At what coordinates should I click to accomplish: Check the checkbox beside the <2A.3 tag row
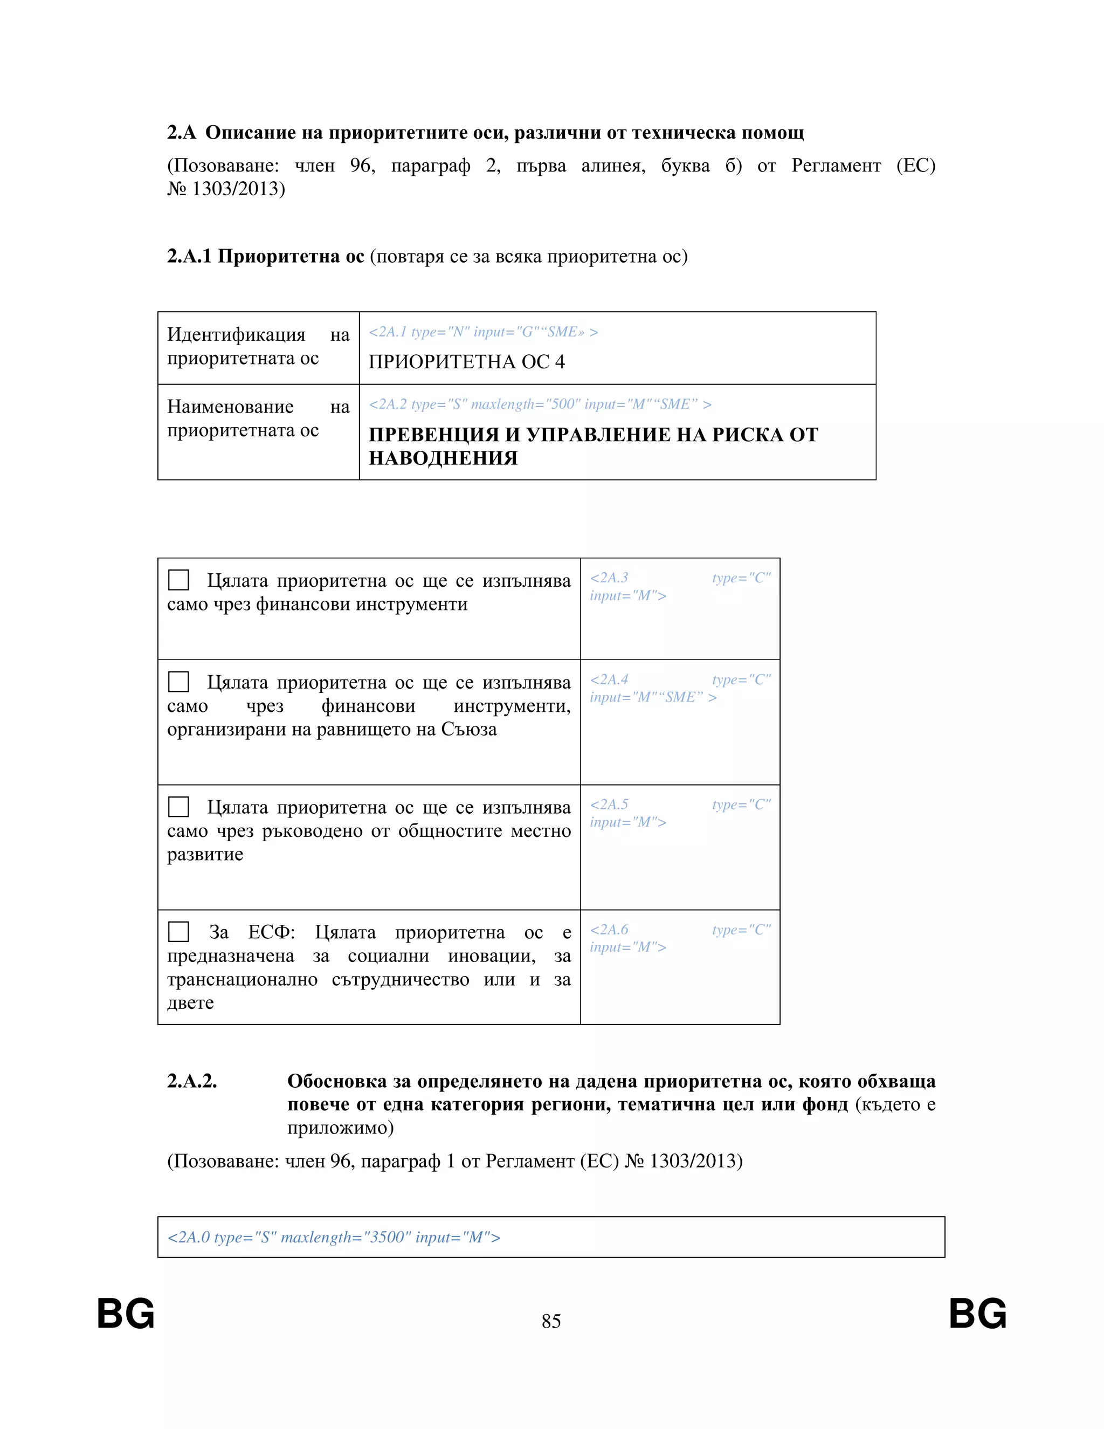(178, 580)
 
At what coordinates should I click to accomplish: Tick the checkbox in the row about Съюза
(178, 682)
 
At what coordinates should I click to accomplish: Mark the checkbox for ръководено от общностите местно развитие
(178, 807)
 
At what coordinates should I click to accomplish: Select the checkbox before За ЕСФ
(178, 932)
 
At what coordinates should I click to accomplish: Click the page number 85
(551, 1321)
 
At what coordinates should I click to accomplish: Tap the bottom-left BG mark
(126, 1314)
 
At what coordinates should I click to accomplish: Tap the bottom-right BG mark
(977, 1314)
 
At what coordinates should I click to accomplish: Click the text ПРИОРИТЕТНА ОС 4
(466, 362)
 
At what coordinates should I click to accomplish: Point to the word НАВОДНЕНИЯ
(443, 458)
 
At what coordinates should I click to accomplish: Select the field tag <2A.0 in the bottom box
(188, 1237)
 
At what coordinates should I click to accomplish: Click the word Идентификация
(236, 334)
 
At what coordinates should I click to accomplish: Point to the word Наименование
(230, 407)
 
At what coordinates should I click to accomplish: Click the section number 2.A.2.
(191, 1081)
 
